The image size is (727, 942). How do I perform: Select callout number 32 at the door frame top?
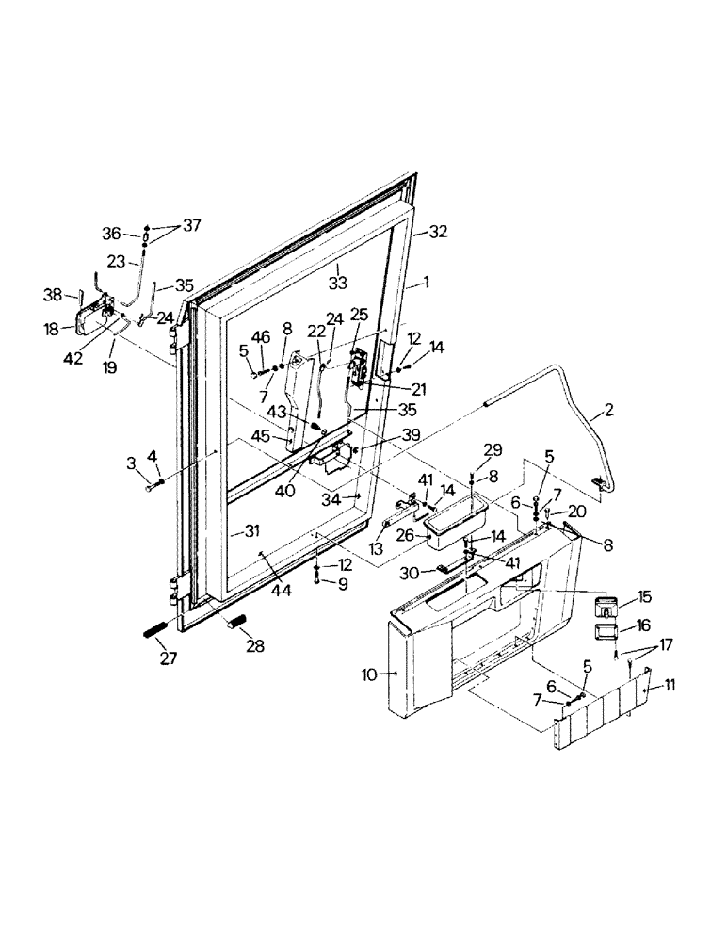[438, 231]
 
